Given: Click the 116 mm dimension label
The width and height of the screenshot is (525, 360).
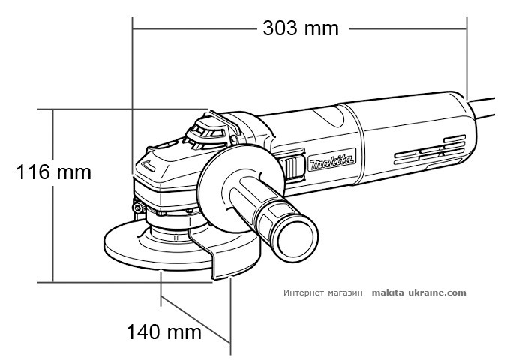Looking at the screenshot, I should point(54,172).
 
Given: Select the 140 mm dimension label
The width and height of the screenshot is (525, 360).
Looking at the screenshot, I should point(164,331).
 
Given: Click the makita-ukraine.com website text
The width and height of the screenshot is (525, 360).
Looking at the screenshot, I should point(419,293).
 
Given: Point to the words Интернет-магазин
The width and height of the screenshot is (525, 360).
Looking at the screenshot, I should point(323,293).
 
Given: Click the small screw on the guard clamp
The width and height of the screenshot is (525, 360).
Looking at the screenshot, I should point(139,205).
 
